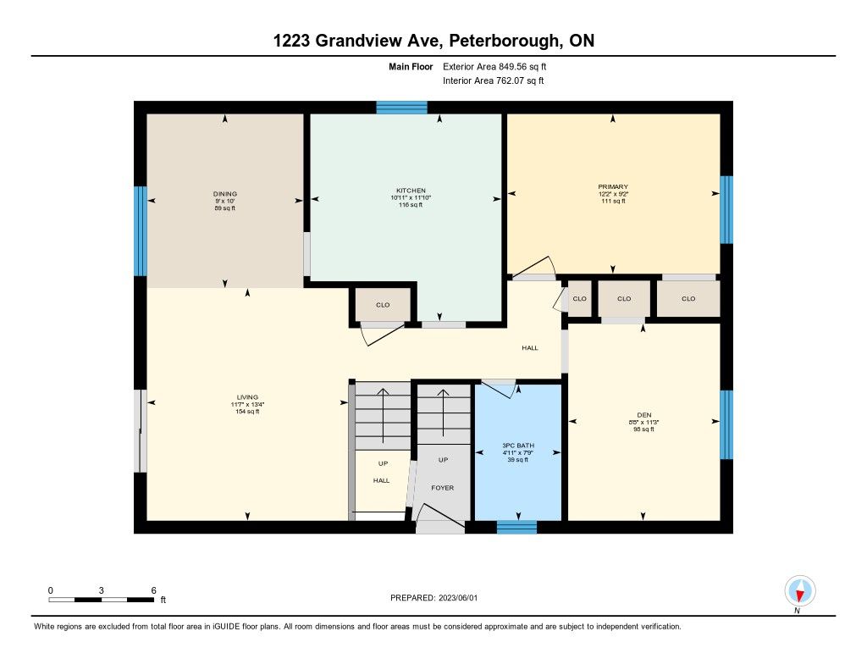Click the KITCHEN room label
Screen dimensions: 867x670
[x=411, y=191]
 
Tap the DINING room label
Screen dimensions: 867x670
[x=225, y=194]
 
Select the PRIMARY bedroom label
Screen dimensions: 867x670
[x=613, y=186]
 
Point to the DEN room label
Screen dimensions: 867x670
[x=644, y=415]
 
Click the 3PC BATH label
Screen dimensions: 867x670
[x=518, y=446]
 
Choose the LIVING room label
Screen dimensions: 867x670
[x=247, y=396]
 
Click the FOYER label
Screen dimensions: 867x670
[x=442, y=487]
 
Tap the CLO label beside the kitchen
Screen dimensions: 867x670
[x=383, y=305]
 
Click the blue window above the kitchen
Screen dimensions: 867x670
[x=402, y=108]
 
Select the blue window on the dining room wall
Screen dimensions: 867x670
[x=141, y=231]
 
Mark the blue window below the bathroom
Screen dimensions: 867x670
[x=517, y=527]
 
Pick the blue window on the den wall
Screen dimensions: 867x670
[x=726, y=425]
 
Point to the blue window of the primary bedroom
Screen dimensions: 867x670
[x=726, y=210]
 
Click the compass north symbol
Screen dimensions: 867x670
[x=799, y=591]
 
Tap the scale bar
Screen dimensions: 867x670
[x=102, y=600]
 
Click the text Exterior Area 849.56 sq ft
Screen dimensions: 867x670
[x=494, y=66]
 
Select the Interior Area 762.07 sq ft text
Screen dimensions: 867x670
[x=494, y=80]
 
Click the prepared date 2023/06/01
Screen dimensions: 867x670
[x=458, y=597]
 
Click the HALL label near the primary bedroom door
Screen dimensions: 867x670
[x=530, y=347]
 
